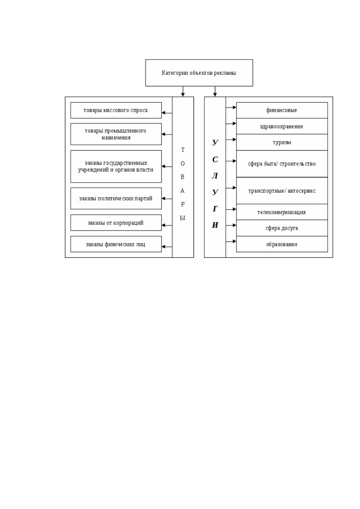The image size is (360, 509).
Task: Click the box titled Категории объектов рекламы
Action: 199,73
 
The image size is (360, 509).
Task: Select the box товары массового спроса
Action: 116,110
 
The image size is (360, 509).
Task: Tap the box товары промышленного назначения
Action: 116,134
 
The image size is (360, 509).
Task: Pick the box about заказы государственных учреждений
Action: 116,166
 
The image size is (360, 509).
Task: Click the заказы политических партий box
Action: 116,198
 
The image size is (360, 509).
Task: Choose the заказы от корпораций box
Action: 116,223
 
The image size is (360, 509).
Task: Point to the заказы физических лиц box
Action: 116,244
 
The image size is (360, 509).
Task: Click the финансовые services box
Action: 282,110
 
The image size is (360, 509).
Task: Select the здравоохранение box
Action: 282,126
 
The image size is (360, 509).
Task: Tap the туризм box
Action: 282,142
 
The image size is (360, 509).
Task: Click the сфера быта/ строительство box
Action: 282,164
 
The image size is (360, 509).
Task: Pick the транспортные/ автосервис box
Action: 282,191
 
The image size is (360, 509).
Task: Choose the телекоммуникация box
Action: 282,212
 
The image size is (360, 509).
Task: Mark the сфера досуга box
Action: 282,228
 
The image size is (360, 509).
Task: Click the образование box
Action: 282,244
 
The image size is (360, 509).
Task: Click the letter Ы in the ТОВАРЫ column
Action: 183,218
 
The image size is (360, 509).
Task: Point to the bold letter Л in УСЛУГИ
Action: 215,176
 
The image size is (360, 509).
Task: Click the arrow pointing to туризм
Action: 231,140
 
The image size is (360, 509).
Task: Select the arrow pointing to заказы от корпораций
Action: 167,225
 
